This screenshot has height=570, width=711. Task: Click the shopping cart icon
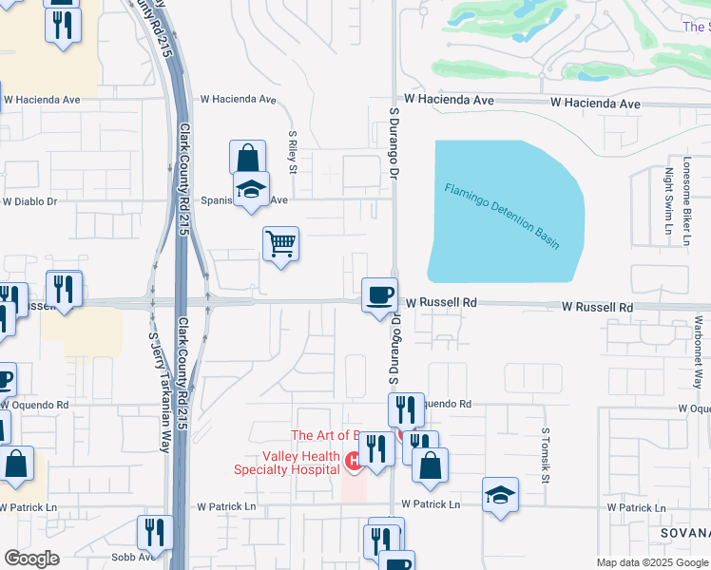(x=281, y=244)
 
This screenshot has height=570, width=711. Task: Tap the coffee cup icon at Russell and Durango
(x=379, y=294)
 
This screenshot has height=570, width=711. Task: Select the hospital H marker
(x=354, y=462)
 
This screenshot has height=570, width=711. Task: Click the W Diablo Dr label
(x=29, y=201)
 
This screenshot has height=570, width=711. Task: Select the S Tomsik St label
(x=546, y=454)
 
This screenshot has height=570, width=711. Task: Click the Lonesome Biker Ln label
(x=685, y=199)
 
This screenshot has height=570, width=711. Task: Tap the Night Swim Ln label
(x=669, y=200)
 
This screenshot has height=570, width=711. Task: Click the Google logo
(x=31, y=559)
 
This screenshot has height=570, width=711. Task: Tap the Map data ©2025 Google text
(x=651, y=562)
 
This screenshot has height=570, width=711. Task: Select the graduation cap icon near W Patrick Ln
(x=501, y=495)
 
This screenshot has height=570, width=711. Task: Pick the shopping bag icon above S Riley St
(x=247, y=158)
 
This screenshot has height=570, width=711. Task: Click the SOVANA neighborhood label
(x=685, y=534)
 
